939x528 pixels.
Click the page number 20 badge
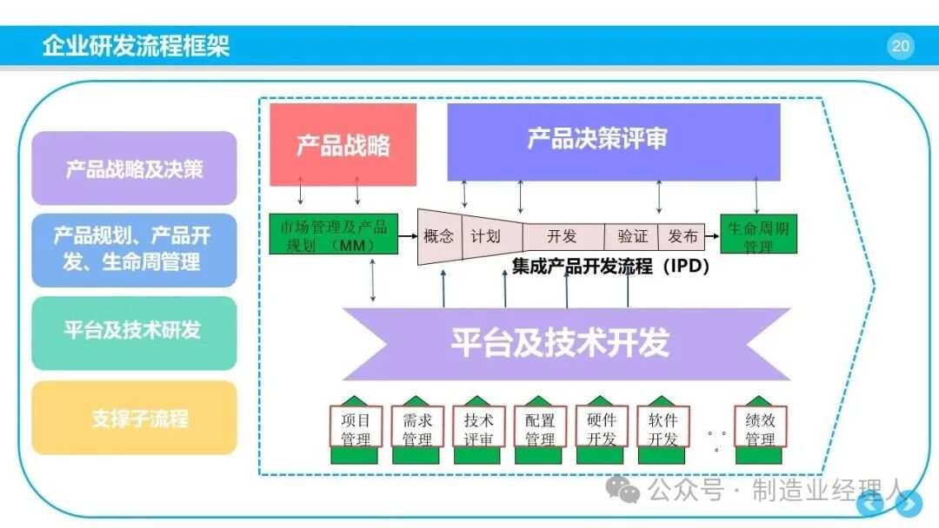pos(900,46)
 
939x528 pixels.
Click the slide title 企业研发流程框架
pos(136,45)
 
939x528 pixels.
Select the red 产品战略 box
pos(343,144)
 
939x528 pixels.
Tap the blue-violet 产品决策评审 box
pos(614,142)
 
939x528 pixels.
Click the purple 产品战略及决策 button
pos(134,168)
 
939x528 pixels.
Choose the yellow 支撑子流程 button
pos(134,418)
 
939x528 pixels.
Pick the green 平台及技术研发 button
pos(134,333)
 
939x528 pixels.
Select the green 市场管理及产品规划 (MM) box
pos(334,234)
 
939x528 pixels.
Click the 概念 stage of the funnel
pos(440,236)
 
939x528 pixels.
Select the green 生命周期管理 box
pos(758,234)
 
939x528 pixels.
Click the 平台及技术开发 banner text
pos(560,343)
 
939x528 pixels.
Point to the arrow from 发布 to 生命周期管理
pos(712,236)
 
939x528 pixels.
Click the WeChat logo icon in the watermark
pos(623,489)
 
